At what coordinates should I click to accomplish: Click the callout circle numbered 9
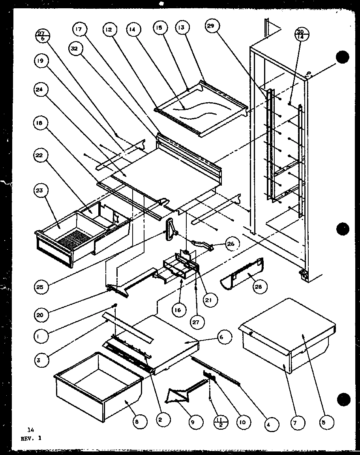(193, 422)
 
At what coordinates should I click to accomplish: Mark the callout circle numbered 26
(230, 244)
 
